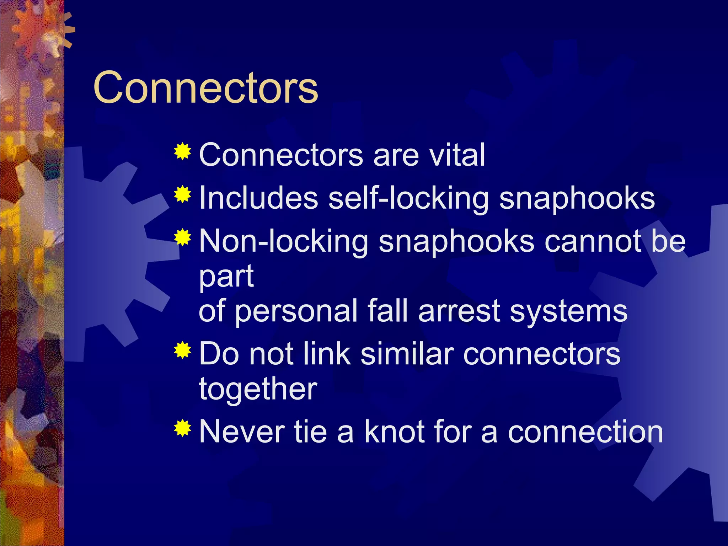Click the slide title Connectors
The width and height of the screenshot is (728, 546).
[x=205, y=87]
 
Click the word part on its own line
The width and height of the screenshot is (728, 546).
[x=226, y=277]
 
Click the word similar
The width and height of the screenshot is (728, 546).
[x=407, y=354]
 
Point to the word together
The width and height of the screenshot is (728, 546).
[x=258, y=389]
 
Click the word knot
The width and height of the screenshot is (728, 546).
[x=394, y=432]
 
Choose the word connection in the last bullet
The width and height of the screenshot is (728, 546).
[x=585, y=432]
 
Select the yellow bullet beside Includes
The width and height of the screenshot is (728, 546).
[x=183, y=194]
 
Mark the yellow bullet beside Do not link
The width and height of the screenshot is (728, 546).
[x=183, y=350]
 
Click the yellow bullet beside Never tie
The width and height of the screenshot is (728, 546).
[x=183, y=428]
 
